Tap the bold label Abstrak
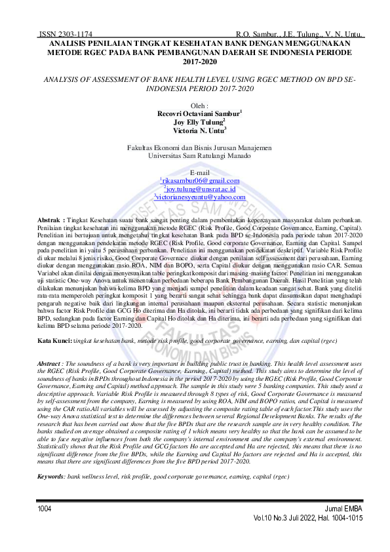tap(50, 219)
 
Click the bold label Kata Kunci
tap(54, 324)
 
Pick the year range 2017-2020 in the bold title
tap(200, 61)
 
